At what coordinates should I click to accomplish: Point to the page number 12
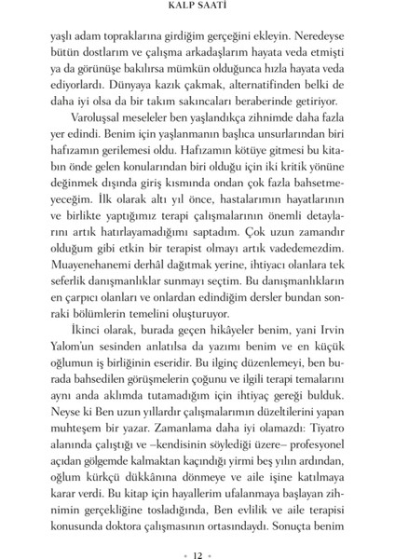click(x=198, y=536)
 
